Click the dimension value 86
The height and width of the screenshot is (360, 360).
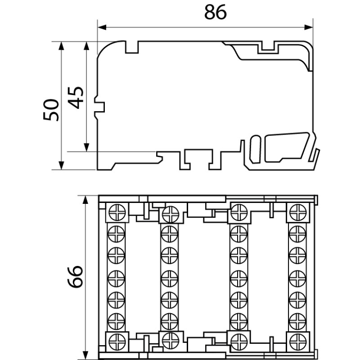[x=215, y=12]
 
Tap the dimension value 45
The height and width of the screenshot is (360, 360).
[x=77, y=97]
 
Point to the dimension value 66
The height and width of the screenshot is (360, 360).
[x=75, y=277]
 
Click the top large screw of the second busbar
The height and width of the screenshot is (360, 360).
[x=169, y=213]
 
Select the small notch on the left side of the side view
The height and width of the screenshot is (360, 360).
[x=100, y=107]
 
